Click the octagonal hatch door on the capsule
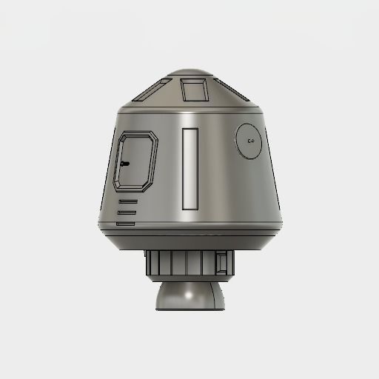click(137, 161)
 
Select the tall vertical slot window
click(190, 167)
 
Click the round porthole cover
click(250, 141)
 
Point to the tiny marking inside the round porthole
click(251, 141)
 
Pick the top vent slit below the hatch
click(127, 201)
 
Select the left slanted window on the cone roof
click(152, 93)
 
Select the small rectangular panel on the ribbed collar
click(221, 263)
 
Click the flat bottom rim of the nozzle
click(189, 309)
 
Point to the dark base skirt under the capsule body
click(189, 238)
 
